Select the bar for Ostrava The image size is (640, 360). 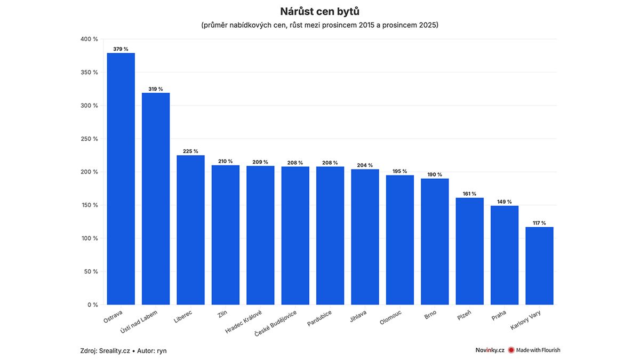[121, 179]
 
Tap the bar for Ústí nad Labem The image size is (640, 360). [156, 198]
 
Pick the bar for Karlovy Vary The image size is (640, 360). [539, 266]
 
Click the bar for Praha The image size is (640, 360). [505, 255]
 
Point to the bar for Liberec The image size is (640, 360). [190, 230]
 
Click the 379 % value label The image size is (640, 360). [121, 49]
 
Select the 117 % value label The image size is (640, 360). [539, 223]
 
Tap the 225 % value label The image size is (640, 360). [190, 151]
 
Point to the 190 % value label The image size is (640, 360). [435, 174]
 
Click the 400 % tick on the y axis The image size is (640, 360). [89, 39]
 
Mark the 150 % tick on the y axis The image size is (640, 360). [89, 205]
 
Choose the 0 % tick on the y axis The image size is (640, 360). [92, 305]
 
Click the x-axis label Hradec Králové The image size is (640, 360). [244, 322]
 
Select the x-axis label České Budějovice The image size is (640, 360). [276, 323]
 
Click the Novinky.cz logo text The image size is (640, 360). [490, 350]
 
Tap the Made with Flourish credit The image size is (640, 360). [534, 350]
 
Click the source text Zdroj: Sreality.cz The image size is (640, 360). [105, 350]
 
